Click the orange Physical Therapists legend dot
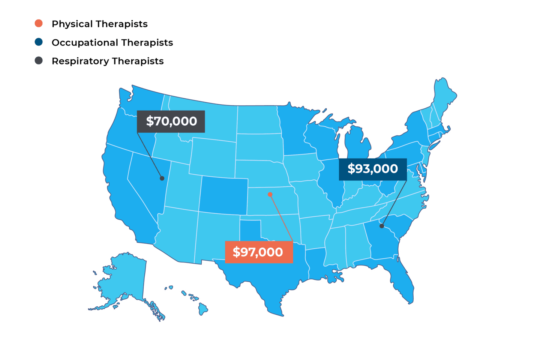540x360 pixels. pos(38,24)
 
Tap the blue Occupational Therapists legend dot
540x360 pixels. pos(38,42)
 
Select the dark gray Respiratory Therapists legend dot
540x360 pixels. pos(38,61)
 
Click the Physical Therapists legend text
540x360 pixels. pos(99,24)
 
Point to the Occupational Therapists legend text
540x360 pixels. pos(112,43)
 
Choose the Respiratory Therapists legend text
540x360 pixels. pos(108,61)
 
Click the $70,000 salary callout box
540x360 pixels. pos(171,121)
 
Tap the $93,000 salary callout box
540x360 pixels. pos(373,169)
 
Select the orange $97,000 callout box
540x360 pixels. pos(258,252)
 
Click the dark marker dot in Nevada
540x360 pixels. pos(162,178)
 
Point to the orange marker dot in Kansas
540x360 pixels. pos(270,194)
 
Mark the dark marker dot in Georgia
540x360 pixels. pos(381,226)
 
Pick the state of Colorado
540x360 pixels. pos(223,195)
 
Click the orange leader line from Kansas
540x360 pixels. pos(281,217)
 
